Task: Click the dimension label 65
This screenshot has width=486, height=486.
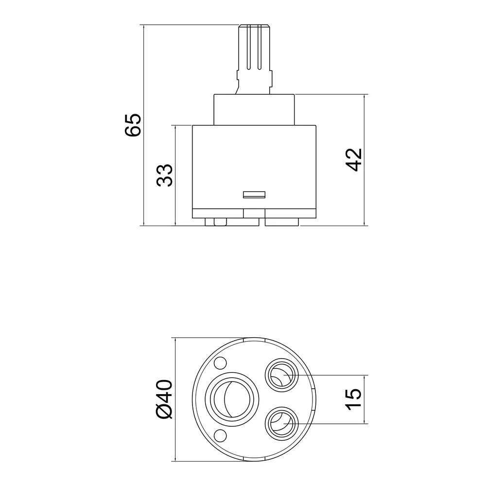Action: [x=133, y=125]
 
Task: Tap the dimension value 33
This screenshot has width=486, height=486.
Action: [x=164, y=175]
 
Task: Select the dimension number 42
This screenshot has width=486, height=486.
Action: [x=354, y=160]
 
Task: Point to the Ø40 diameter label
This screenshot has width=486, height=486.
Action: [x=164, y=399]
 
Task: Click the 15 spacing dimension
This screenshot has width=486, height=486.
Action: [x=353, y=399]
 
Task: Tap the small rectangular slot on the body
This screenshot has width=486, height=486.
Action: [x=254, y=195]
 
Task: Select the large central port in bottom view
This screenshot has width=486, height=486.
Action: [x=231, y=399]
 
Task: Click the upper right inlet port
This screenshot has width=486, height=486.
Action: [x=282, y=375]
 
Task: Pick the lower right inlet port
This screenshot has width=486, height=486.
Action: [x=282, y=423]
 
